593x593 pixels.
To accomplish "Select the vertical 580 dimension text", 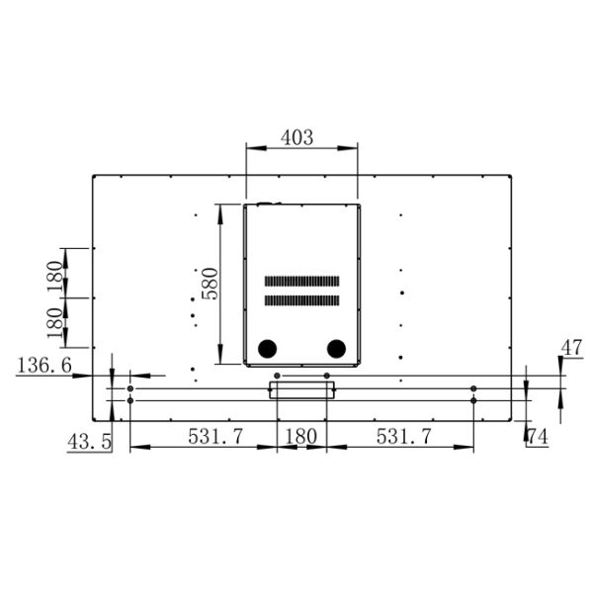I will [208, 284].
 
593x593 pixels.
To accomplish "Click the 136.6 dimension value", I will [43, 366].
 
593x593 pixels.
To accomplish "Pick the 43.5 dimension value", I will [89, 442].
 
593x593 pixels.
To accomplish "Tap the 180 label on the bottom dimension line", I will [300, 435].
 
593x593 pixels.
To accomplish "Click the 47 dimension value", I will [571, 347].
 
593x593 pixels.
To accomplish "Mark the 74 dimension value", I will [538, 435].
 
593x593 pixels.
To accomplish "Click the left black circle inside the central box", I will [267, 348].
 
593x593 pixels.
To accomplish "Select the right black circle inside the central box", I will [336, 348].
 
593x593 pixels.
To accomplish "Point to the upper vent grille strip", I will [301, 281].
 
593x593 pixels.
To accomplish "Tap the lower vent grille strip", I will [301, 299].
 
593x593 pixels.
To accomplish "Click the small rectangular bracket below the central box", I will [301, 390].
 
